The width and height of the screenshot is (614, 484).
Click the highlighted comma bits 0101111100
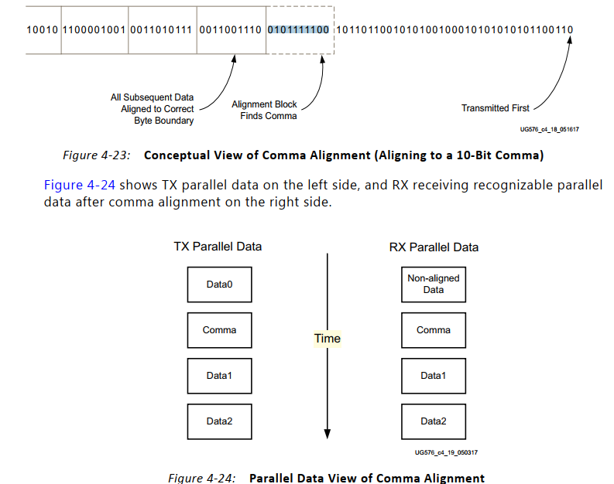point(298,30)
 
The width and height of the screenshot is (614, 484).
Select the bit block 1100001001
point(94,30)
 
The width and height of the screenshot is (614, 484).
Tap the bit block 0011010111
point(162,30)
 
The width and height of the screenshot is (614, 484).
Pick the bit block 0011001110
point(230,30)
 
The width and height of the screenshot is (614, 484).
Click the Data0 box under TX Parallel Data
point(219,285)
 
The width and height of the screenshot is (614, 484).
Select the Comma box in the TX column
point(219,330)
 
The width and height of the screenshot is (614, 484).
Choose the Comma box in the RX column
point(433,330)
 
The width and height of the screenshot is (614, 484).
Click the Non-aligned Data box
point(433,284)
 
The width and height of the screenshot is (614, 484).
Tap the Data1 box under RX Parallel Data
point(433,376)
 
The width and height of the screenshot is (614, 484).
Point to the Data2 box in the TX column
point(219,421)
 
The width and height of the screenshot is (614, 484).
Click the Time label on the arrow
point(327,339)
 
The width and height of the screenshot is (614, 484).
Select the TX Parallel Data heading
point(218,247)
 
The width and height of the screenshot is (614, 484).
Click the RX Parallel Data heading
point(434,247)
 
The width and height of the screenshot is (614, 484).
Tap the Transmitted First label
point(496,108)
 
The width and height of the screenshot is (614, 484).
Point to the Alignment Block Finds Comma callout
point(264,110)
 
